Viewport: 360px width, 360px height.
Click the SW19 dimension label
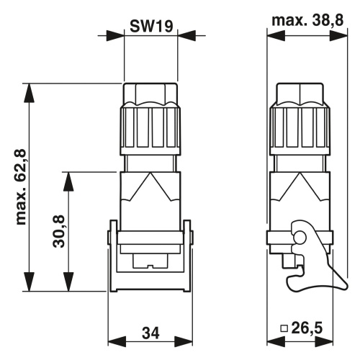151,26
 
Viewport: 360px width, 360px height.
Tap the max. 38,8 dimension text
307,20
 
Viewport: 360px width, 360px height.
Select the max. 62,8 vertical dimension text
21,187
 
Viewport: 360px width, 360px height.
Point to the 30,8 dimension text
58,231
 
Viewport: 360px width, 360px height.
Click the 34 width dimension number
150,333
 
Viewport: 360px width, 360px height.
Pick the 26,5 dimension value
307,328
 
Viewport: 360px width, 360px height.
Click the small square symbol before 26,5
284,328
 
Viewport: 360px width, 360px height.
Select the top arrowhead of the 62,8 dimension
30,93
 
